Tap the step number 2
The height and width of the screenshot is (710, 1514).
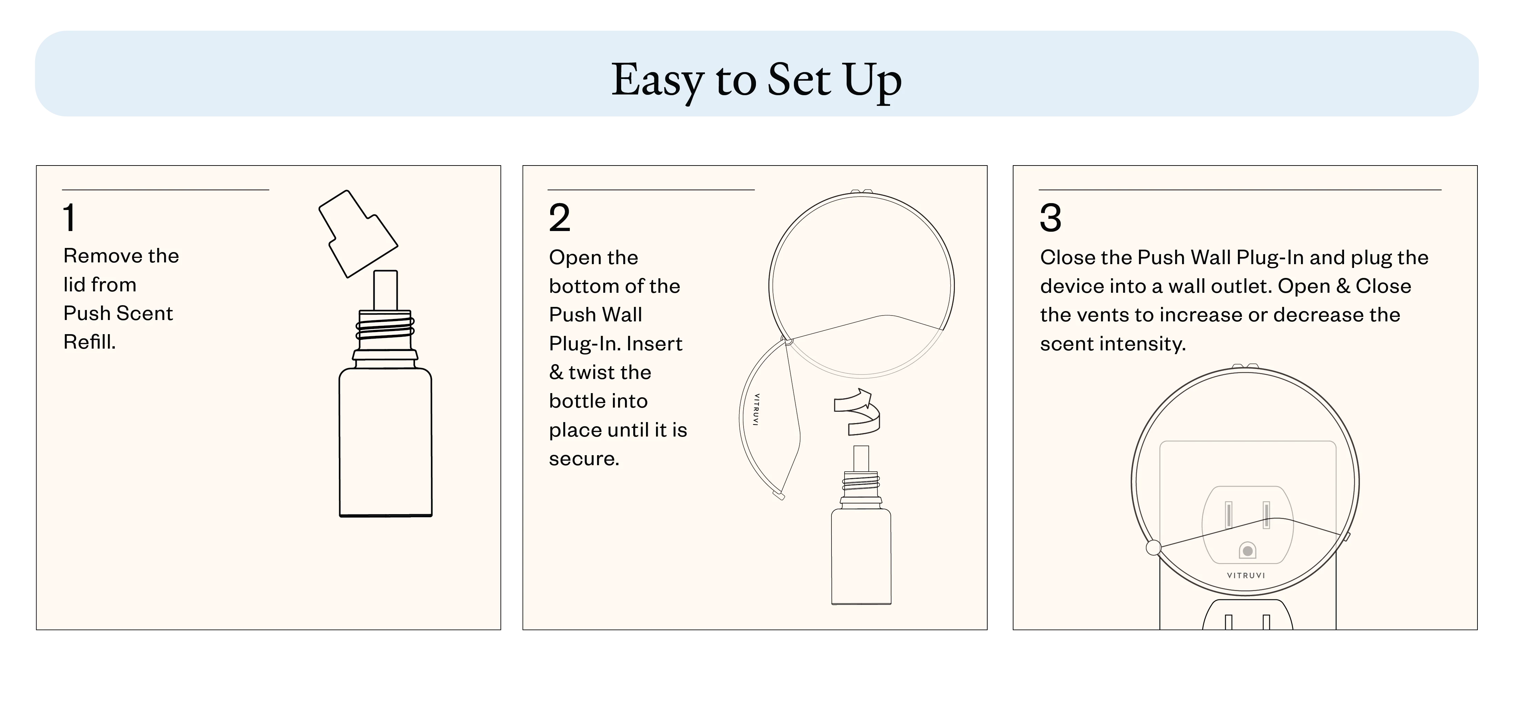click(x=559, y=218)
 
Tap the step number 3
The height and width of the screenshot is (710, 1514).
click(x=1050, y=218)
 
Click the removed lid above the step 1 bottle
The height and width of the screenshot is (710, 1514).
click(x=358, y=233)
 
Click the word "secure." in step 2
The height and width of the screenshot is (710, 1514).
click(x=584, y=458)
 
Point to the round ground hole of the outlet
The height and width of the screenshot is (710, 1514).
click(x=1247, y=551)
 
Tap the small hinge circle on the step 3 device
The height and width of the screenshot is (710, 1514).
click(x=1153, y=548)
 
